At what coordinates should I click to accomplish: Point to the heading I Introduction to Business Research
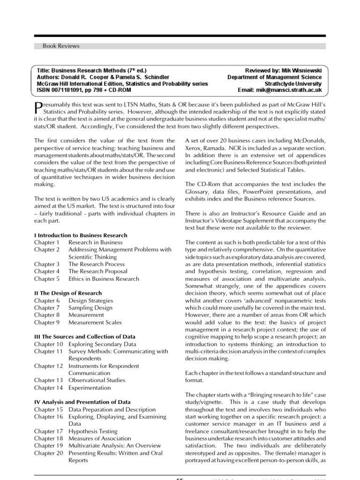[80, 235]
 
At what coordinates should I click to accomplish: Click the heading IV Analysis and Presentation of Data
[82, 402]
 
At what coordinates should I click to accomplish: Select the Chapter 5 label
[47, 279]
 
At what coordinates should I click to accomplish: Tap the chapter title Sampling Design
[90, 308]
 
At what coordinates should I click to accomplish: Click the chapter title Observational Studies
[95, 381]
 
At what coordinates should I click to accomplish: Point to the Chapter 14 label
[48, 388]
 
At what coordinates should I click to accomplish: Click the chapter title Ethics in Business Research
[104, 279]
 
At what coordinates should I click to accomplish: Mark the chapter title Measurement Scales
[95, 322]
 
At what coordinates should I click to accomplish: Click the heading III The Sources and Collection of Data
[85, 337]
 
